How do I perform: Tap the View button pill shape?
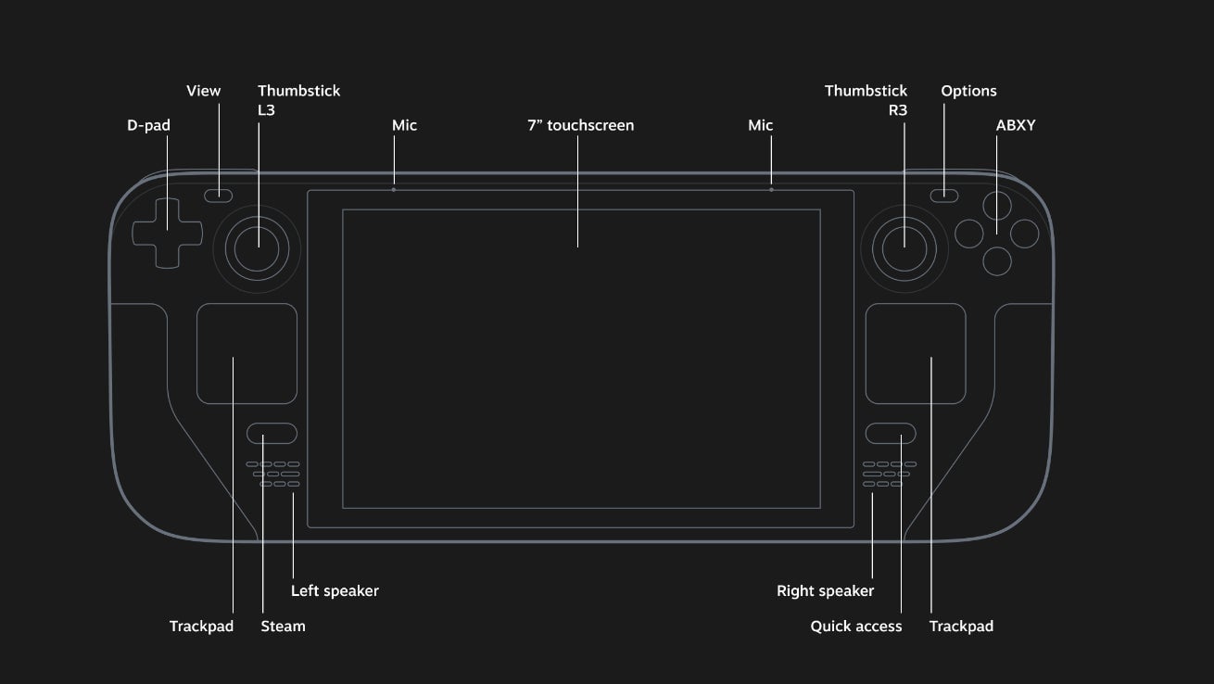coord(219,195)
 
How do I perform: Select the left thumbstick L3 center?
coord(256,246)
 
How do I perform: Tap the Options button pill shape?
coord(944,195)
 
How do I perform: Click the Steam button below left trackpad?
coord(272,434)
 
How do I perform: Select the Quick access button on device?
coord(891,434)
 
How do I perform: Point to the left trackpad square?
coord(247,354)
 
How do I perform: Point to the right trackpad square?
coord(916,354)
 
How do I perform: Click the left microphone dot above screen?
coord(394,189)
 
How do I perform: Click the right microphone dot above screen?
coord(771,189)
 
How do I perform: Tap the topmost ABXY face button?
coord(997,205)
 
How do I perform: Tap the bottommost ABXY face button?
coord(997,261)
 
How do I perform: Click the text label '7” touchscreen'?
coord(580,125)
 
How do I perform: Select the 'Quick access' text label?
coord(855,627)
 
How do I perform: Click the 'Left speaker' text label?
coord(335,590)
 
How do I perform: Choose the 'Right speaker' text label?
coord(825,590)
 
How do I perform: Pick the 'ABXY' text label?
coord(1016,125)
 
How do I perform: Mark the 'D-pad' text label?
coord(148,125)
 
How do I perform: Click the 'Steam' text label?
coord(283,627)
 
